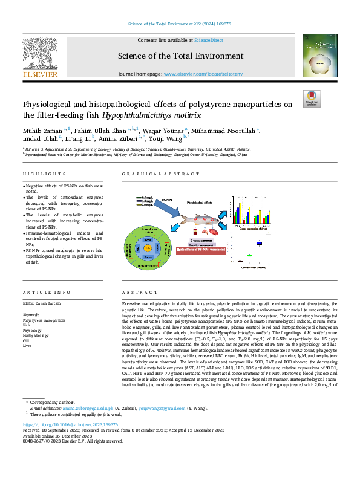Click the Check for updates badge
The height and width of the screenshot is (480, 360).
tap(311, 99)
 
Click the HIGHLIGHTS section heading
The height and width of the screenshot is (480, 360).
tap(40, 174)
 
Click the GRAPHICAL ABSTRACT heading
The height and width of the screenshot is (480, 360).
tap(152, 174)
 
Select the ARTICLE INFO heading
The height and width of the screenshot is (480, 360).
tap(44, 291)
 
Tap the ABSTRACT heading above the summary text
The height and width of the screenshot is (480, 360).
tap(135, 291)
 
